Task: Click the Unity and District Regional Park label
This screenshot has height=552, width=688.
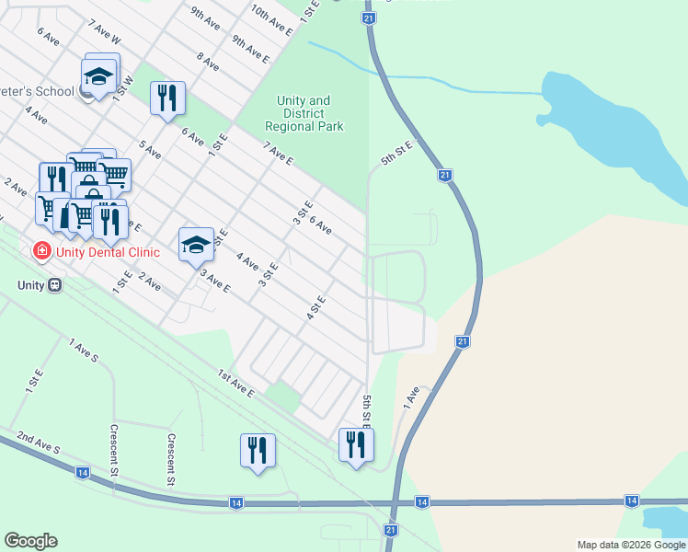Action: (x=304, y=113)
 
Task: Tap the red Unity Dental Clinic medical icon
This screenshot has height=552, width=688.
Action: (x=41, y=251)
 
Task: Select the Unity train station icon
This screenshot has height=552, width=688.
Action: (x=55, y=285)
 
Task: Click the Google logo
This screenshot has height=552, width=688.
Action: (x=30, y=541)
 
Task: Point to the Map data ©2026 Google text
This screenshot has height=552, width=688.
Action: (x=631, y=545)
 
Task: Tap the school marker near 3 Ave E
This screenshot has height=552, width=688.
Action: (x=196, y=245)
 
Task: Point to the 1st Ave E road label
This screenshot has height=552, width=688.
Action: (x=235, y=383)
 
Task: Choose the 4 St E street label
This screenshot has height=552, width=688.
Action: (x=316, y=307)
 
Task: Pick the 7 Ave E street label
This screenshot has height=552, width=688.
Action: (x=277, y=154)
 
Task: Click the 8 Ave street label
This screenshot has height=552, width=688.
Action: (x=208, y=62)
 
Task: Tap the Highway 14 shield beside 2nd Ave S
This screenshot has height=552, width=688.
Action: (x=83, y=472)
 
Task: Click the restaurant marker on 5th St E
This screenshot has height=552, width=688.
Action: (x=355, y=445)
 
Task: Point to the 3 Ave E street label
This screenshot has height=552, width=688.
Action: (x=214, y=282)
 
